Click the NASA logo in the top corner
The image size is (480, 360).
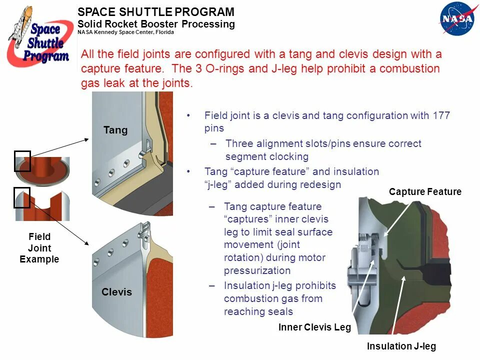click(456, 18)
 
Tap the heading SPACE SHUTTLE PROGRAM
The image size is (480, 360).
click(156, 12)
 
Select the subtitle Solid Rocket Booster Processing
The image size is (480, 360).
click(156, 24)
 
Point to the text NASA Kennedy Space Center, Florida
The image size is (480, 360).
click(125, 32)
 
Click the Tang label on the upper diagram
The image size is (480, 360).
click(115, 130)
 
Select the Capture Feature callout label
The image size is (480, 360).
click(425, 192)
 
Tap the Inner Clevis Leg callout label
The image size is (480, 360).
click(314, 328)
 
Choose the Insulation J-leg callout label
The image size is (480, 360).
click(401, 346)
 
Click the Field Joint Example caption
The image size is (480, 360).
click(39, 248)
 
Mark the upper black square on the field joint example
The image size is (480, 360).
click(22, 161)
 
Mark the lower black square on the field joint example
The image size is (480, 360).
click(22, 197)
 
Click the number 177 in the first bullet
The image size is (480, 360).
click(440, 115)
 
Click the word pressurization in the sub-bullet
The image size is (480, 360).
click(257, 270)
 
